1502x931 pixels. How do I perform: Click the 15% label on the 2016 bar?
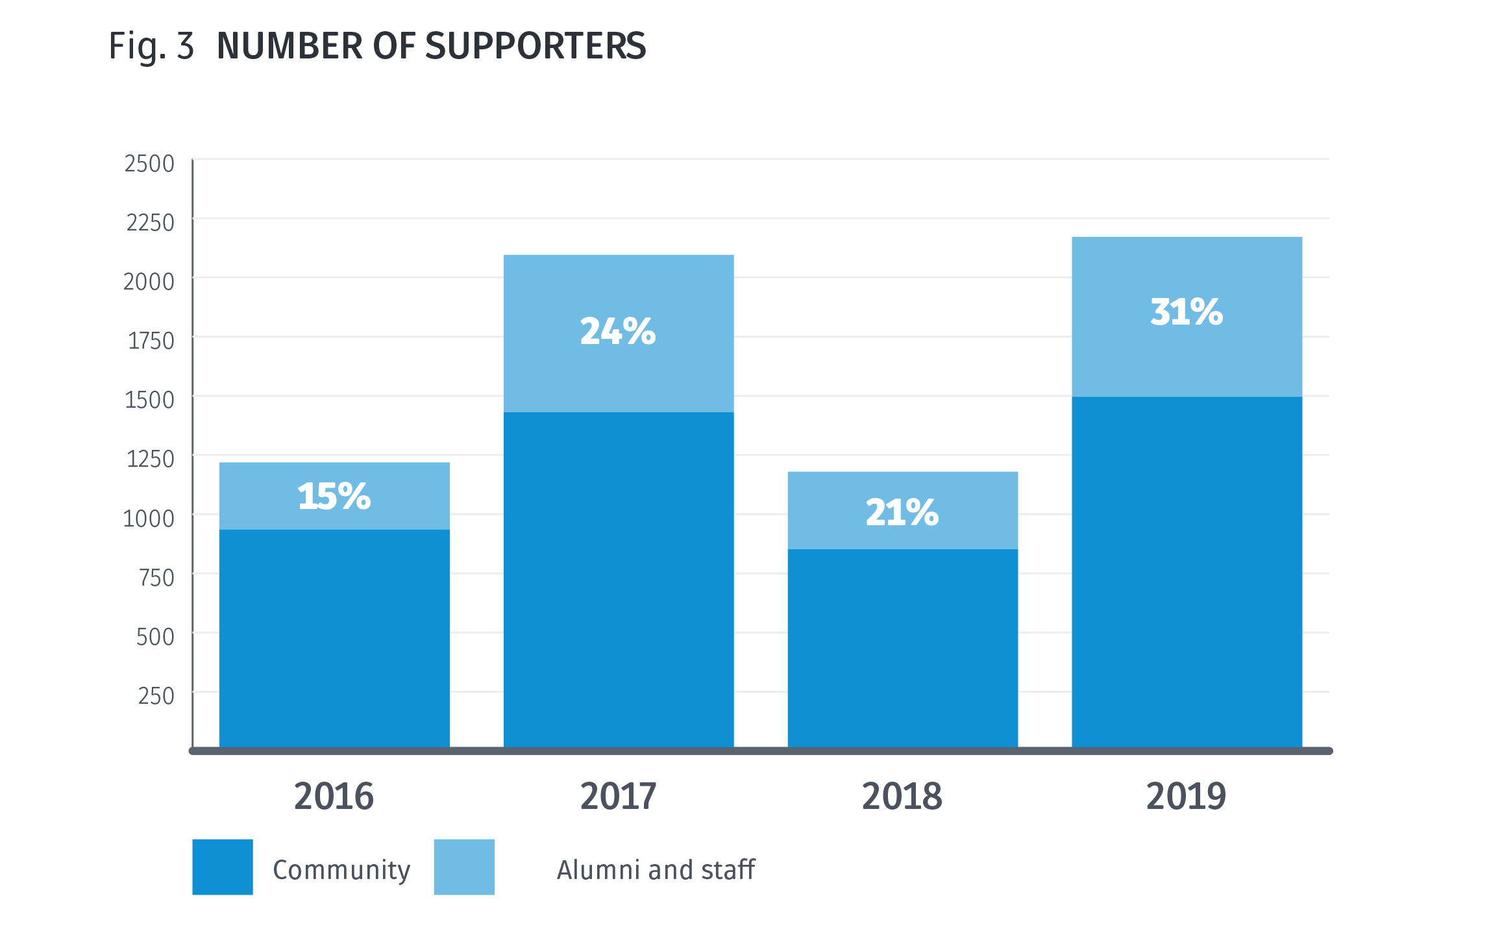click(x=334, y=497)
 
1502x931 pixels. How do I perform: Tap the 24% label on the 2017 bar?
click(x=617, y=331)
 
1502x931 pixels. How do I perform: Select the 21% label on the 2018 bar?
click(x=902, y=512)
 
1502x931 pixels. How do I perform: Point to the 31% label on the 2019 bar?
click(x=1186, y=312)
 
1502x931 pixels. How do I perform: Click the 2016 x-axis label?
click(x=334, y=796)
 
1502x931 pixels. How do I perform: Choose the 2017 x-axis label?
click(x=618, y=796)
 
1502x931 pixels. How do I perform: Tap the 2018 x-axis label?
click(x=902, y=796)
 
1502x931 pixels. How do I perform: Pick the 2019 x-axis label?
click(x=1186, y=796)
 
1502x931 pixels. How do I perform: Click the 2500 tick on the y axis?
click(x=149, y=164)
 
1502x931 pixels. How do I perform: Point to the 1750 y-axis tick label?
click(x=151, y=341)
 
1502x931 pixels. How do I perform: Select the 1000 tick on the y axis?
click(x=149, y=519)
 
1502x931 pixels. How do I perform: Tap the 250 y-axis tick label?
click(x=156, y=696)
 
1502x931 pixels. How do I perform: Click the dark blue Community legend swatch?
click(x=222, y=867)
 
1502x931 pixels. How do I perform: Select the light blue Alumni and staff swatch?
click(x=463, y=867)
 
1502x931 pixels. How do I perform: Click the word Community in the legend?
click(x=341, y=870)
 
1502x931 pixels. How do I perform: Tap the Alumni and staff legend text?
click(x=656, y=870)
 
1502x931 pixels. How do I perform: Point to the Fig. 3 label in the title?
click(x=151, y=46)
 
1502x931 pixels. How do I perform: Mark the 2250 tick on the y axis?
click(x=150, y=223)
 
